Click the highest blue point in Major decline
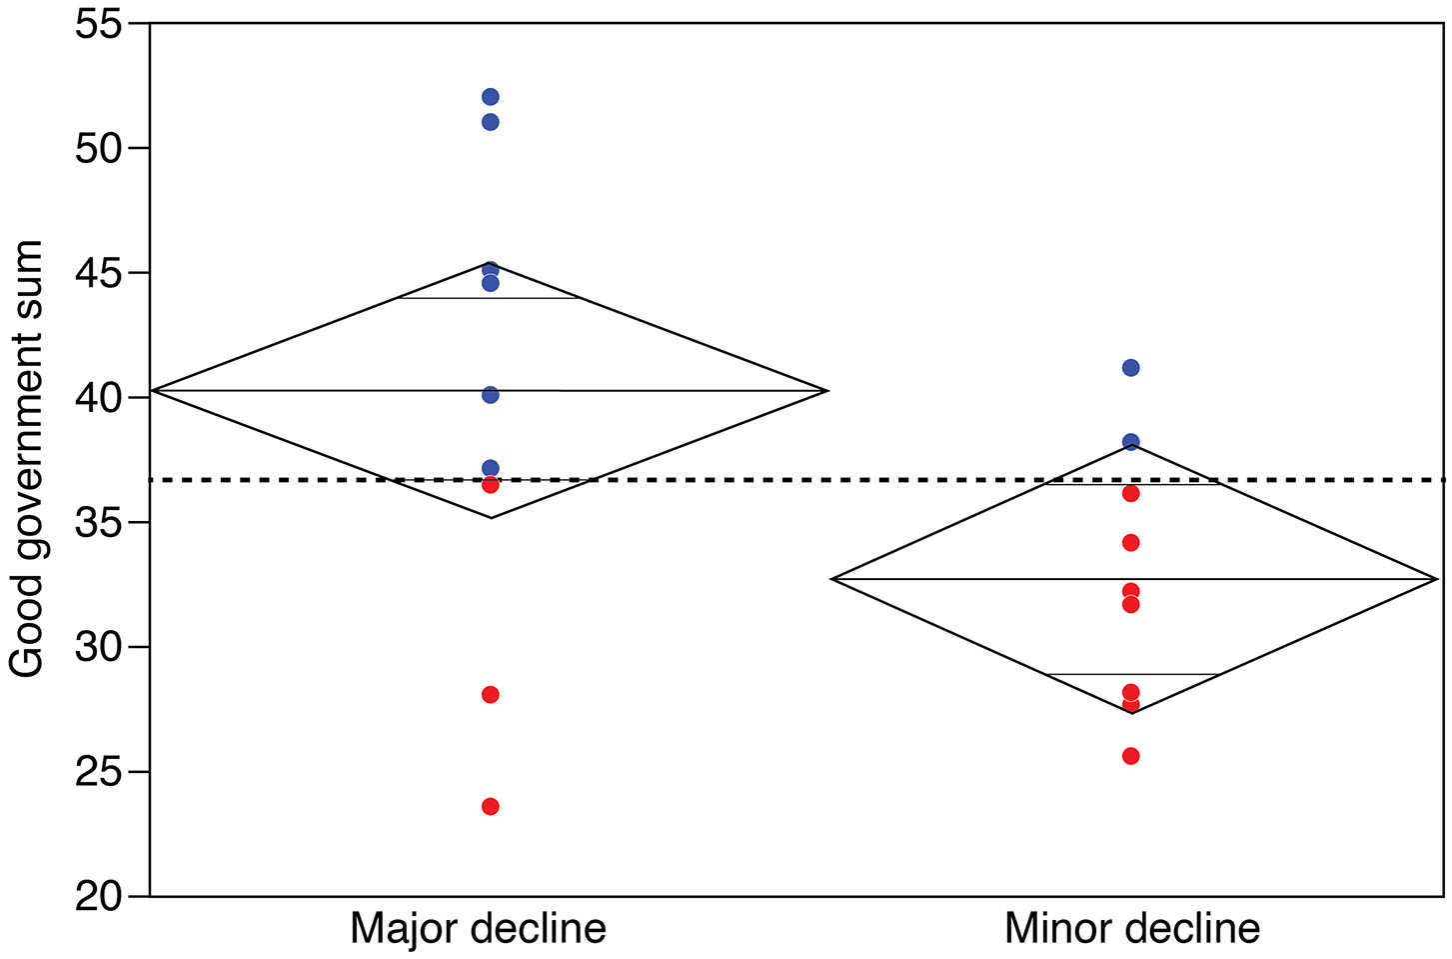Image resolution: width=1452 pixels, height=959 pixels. pos(490,97)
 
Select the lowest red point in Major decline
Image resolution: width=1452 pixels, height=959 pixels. pos(490,806)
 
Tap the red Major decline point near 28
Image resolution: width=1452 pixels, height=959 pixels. pos(490,694)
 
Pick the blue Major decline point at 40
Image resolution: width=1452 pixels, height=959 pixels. pos(490,395)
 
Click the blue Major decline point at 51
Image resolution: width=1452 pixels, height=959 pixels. pos(490,122)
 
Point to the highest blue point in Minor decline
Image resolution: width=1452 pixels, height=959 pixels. pos(1130,367)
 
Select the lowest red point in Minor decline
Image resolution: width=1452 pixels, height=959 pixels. pos(1130,755)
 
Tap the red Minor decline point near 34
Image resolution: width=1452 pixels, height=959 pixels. pos(1130,542)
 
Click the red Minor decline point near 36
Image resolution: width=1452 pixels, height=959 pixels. pos(1130,493)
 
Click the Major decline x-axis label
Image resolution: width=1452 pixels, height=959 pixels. pos(478,928)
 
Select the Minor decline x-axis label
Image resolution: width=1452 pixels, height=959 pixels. pos(1131,928)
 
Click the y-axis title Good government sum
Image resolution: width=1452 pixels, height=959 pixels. pos(27,459)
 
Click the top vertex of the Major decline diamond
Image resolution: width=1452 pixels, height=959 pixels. pos(490,264)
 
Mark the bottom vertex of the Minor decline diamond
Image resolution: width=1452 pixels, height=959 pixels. pos(1130,712)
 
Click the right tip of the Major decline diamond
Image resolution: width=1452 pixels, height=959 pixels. pos(827,390)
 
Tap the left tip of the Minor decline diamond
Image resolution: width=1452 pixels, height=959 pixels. pos(833,578)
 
